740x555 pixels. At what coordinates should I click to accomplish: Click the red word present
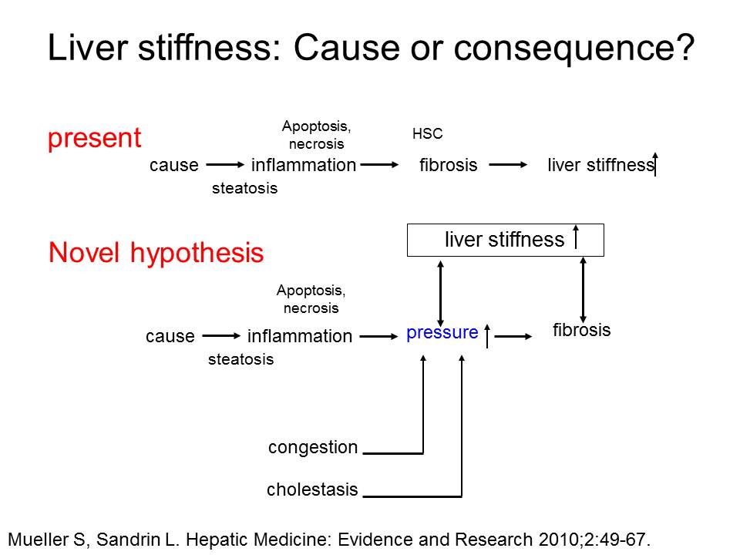click(94, 139)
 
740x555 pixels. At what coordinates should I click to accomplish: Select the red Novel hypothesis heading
click(156, 254)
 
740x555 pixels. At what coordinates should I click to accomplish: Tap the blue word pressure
click(442, 333)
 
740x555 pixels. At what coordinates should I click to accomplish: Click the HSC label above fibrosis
click(427, 133)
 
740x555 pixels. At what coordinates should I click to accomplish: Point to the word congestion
click(313, 447)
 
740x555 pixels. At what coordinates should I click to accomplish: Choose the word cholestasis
click(312, 489)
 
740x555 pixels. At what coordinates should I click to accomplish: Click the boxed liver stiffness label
click(504, 240)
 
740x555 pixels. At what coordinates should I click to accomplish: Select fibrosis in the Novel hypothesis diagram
click(581, 330)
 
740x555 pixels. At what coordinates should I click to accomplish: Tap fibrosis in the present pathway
click(449, 165)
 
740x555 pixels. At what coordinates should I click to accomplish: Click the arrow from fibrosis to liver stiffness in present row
click(508, 165)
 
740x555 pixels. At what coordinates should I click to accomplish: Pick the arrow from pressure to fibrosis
click(513, 337)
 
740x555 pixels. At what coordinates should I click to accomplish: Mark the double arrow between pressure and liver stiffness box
click(440, 294)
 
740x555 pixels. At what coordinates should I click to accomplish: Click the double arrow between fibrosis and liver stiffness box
click(583, 290)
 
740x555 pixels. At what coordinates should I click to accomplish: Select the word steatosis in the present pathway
click(244, 188)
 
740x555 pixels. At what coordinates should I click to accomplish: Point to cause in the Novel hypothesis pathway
click(170, 337)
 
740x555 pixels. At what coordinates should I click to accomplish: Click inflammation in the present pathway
click(304, 165)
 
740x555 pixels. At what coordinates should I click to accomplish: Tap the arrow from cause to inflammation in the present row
click(226, 165)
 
